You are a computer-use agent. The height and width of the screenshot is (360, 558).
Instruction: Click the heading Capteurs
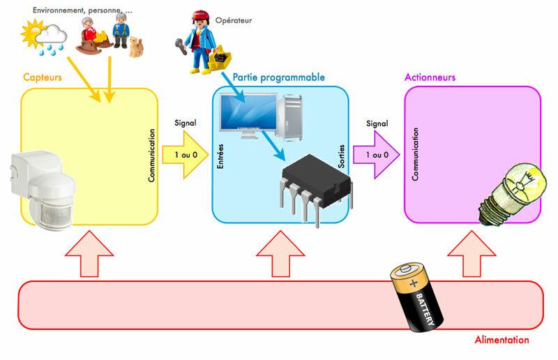(x=43, y=77)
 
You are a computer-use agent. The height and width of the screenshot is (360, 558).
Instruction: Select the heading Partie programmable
(x=279, y=77)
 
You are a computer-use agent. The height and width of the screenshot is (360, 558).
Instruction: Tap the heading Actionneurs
(x=430, y=77)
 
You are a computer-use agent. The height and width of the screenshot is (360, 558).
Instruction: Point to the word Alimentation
(x=502, y=340)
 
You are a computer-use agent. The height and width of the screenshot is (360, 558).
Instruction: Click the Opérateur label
(x=233, y=21)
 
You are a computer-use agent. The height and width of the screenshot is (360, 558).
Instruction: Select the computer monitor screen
(x=244, y=115)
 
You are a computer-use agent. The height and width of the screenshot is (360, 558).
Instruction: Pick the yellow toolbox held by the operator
(x=225, y=60)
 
